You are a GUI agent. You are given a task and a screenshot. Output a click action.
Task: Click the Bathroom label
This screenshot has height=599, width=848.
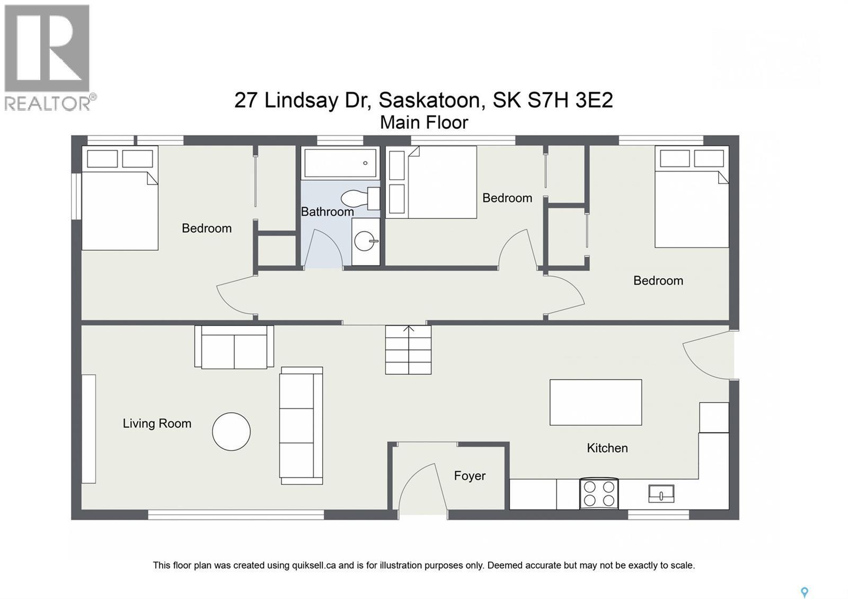coord(327,212)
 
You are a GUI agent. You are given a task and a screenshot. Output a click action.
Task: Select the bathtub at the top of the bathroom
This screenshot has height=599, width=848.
coord(340,163)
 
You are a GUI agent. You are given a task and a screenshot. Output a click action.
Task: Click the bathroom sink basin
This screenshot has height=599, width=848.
coord(365,242)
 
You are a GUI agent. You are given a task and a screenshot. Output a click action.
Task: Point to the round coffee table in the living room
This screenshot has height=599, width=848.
coord(231,431)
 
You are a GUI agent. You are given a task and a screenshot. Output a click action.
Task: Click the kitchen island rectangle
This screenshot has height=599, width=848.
coord(595,402)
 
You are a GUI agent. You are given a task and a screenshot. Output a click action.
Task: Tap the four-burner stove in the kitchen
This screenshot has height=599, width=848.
coord(599,494)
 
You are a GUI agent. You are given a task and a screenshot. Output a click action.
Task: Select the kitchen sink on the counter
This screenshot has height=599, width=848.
coord(661,494)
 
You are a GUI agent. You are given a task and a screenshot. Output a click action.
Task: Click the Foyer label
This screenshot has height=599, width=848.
coord(470,475)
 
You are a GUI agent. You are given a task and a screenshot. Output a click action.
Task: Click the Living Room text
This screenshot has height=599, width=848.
coord(157,423)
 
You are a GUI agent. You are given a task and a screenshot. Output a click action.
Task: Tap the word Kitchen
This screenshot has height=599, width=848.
coord(607,448)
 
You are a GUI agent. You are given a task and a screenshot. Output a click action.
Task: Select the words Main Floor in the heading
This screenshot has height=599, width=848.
coord(424,122)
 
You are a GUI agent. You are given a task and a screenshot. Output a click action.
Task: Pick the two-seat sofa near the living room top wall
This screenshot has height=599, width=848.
coord(234,347)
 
